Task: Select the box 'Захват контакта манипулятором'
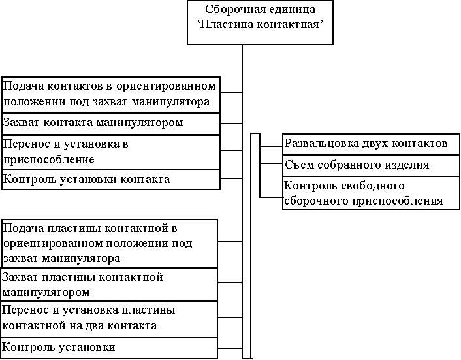(110, 123)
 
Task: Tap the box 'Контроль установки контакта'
(110, 179)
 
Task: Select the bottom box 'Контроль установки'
(110, 348)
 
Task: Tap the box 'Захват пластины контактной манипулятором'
(110, 284)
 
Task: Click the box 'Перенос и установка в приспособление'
(110, 152)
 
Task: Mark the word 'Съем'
(297, 165)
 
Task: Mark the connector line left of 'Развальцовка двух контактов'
(271, 143)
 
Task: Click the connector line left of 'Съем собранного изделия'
(271, 165)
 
